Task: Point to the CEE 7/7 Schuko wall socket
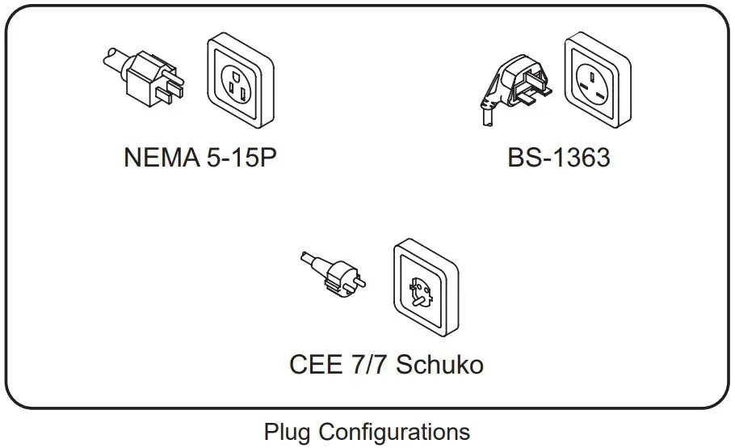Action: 424,288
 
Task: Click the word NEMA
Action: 158,158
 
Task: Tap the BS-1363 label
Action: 558,158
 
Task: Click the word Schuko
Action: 440,364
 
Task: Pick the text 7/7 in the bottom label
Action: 367,364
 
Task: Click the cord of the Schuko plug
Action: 308,261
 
